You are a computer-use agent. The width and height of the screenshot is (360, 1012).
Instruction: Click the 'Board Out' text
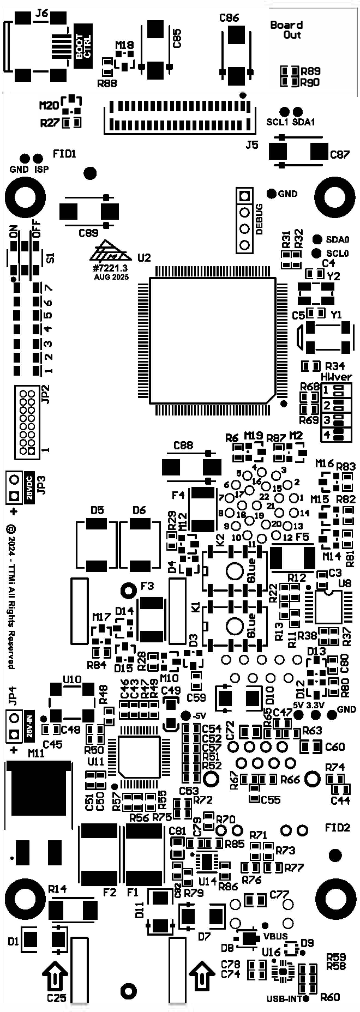point(287,29)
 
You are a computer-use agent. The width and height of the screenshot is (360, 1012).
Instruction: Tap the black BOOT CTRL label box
point(84,46)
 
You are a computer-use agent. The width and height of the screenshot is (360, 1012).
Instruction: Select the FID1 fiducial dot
point(90,173)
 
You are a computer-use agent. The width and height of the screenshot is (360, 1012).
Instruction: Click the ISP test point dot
point(38,158)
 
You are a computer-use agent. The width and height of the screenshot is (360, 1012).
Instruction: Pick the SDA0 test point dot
point(316,239)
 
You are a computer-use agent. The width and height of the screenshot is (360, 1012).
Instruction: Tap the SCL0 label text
point(337,254)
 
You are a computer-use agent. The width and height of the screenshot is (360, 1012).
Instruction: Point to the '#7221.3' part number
point(110,268)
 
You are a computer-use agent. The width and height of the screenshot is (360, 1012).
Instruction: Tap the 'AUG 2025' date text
point(111,278)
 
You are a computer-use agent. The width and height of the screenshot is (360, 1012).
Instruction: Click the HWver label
point(336,377)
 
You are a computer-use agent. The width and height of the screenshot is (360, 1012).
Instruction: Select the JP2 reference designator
point(45,394)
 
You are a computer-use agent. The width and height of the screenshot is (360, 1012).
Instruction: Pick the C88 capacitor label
point(183,445)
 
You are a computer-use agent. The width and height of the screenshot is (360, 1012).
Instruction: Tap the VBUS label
point(275,936)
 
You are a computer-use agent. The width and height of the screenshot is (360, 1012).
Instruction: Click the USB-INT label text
point(284,999)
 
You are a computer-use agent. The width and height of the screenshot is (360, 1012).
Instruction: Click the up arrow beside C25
point(55,975)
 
